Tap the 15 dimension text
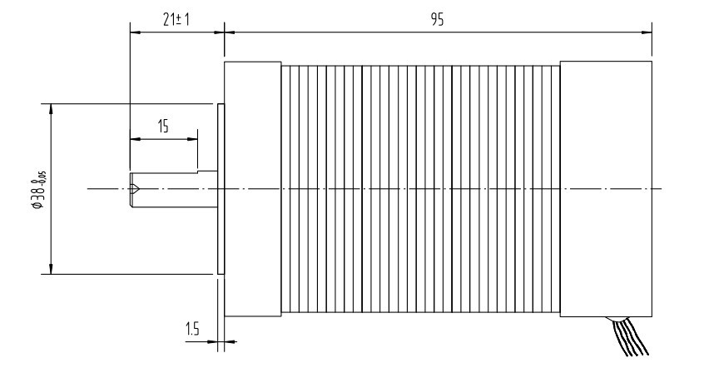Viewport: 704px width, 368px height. point(162,127)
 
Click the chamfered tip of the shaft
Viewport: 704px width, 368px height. point(134,189)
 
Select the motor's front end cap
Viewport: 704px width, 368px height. point(253,189)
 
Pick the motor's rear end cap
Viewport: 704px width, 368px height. point(606,189)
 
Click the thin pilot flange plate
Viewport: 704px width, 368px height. point(221,189)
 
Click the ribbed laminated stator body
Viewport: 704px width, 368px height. point(420,189)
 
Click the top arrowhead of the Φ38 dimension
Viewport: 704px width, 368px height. point(52,108)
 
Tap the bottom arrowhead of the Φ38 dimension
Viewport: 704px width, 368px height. point(52,268)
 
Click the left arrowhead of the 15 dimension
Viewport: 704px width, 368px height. point(133,139)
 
